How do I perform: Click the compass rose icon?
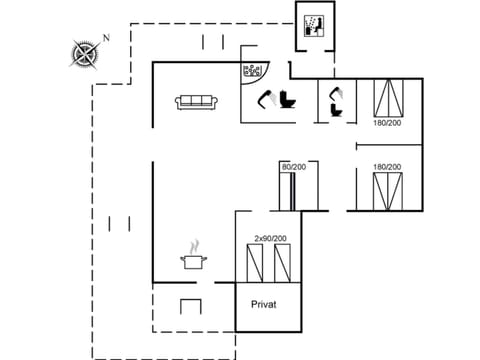click(x=87, y=51)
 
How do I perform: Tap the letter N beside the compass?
click(x=107, y=37)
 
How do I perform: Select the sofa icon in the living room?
click(x=197, y=102)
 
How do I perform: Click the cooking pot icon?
click(x=193, y=262)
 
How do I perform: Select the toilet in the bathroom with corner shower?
click(x=289, y=100)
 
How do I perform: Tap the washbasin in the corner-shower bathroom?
click(x=267, y=98)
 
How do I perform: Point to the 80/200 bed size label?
click(x=293, y=167)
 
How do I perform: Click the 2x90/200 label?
click(x=269, y=238)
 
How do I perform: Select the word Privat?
click(x=263, y=304)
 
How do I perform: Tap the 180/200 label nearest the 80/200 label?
click(x=386, y=167)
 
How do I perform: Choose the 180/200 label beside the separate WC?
click(x=386, y=124)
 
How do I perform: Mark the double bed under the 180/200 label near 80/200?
click(x=387, y=191)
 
